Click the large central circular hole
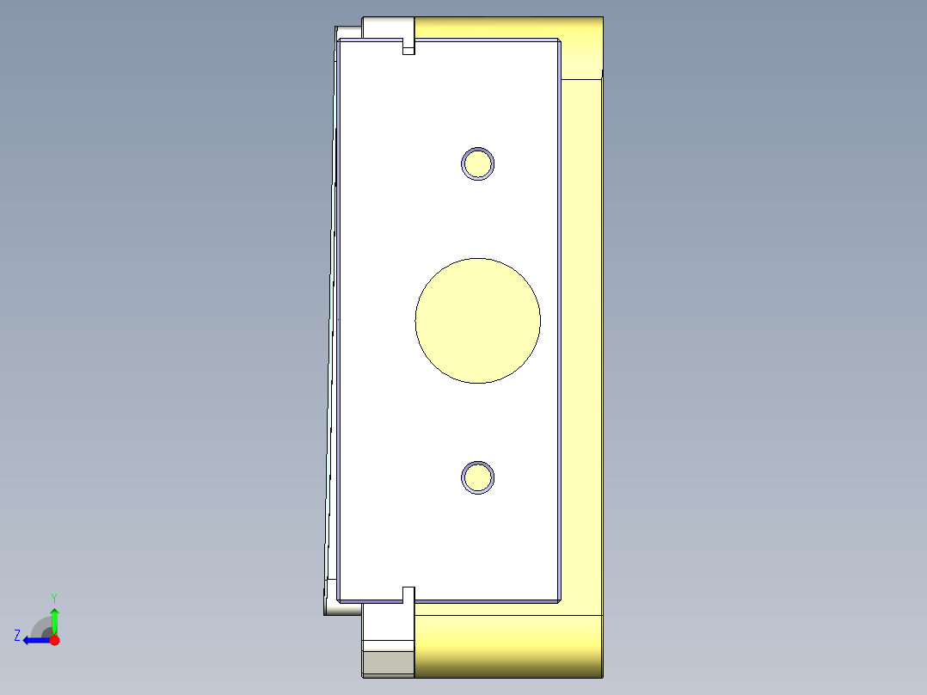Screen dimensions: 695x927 point(478,320)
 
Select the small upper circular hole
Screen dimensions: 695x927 point(478,163)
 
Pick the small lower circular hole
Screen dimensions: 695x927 point(478,477)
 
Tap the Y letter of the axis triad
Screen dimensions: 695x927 point(53,597)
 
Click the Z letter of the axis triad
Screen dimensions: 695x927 point(17,636)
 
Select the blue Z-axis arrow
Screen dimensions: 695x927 point(34,640)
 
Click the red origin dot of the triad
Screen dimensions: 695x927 point(54,640)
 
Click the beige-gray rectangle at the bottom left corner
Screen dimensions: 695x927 point(388,663)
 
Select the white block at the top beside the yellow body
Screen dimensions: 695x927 point(388,28)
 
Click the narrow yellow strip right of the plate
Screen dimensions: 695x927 point(581,344)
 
